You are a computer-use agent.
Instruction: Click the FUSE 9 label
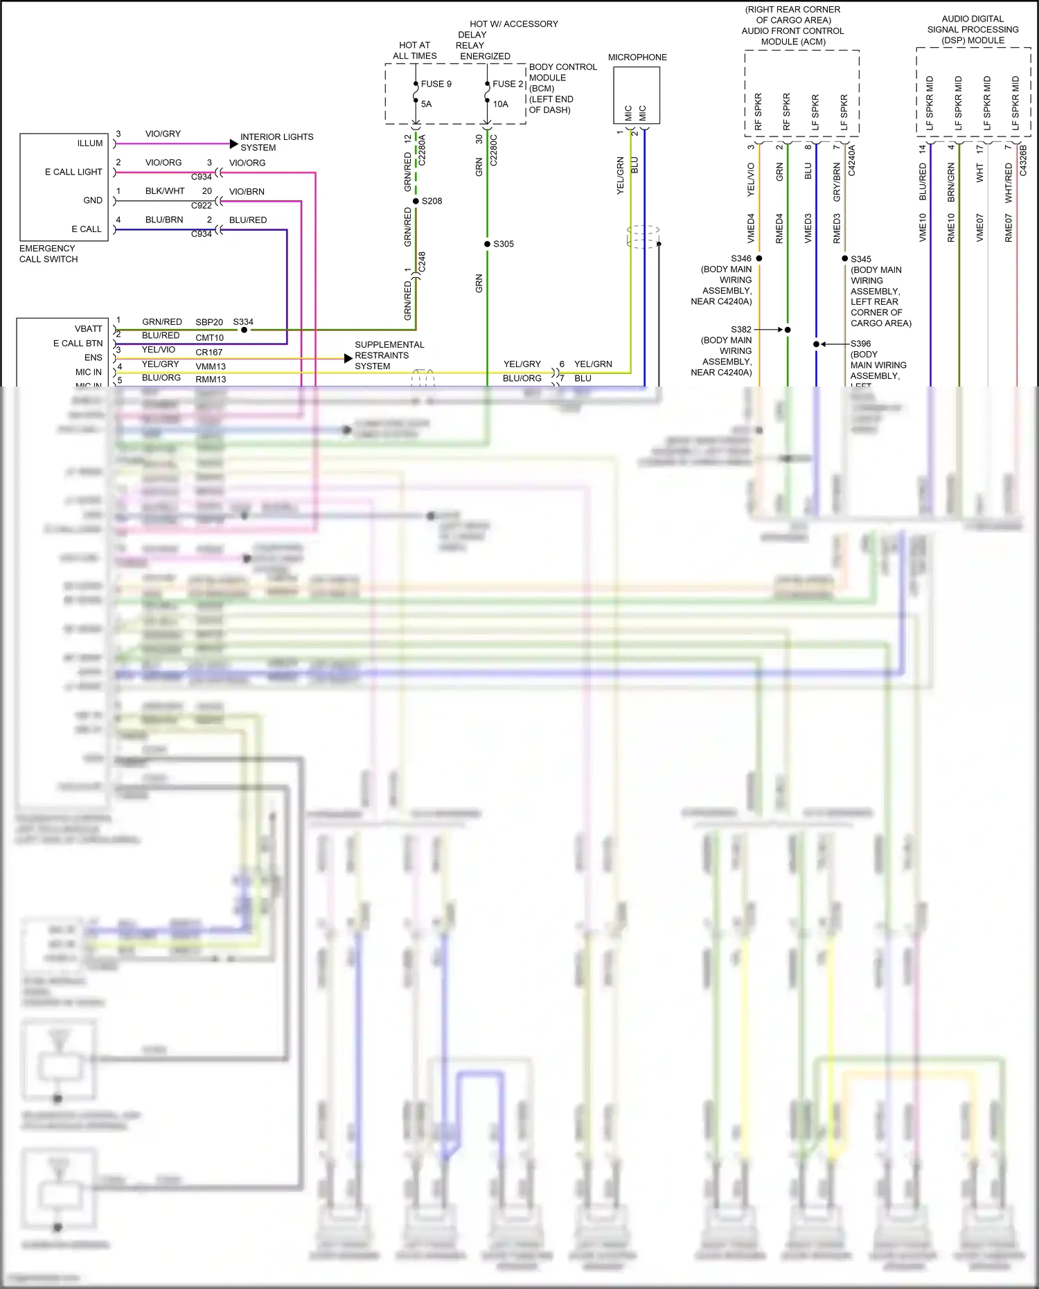click(x=436, y=84)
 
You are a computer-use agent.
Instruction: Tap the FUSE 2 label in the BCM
click(x=508, y=84)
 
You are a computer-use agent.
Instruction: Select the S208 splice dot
click(x=416, y=201)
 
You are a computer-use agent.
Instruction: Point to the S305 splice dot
click(x=487, y=244)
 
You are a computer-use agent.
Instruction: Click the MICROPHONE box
click(x=636, y=95)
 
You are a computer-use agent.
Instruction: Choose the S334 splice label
click(x=243, y=322)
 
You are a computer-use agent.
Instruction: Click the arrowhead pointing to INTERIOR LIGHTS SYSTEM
click(x=234, y=144)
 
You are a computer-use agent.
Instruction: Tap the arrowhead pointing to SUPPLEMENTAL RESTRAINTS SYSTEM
click(x=348, y=358)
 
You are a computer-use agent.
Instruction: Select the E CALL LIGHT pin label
click(x=73, y=172)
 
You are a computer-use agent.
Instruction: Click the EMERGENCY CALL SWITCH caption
click(x=48, y=254)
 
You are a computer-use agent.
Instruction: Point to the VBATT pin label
click(x=88, y=329)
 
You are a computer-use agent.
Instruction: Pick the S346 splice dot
click(x=759, y=258)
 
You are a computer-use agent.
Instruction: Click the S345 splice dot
click(x=845, y=258)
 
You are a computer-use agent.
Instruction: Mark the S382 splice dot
click(x=788, y=330)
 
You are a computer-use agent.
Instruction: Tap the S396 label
click(x=860, y=344)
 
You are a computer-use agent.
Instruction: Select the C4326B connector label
click(x=1023, y=160)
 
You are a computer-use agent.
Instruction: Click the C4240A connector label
click(x=851, y=160)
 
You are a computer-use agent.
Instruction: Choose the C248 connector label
click(x=422, y=262)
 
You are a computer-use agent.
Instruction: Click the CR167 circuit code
click(x=208, y=352)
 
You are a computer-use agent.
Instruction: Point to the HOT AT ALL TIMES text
click(x=415, y=51)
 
